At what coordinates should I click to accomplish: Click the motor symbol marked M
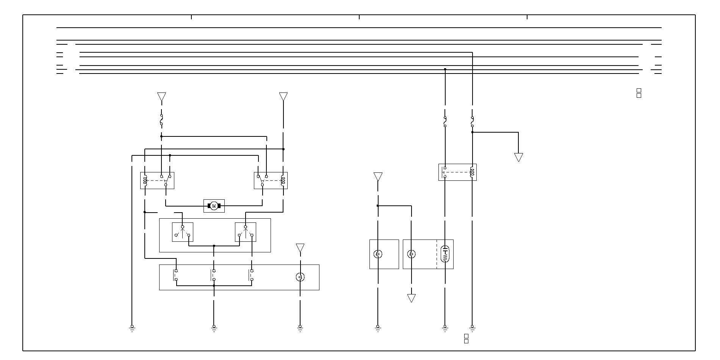[x=214, y=206]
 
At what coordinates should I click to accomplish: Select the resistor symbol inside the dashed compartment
[x=445, y=254]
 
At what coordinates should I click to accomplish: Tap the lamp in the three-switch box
[x=300, y=277]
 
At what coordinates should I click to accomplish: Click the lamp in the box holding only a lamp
[x=377, y=254]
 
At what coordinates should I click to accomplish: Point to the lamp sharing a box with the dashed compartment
[x=411, y=254]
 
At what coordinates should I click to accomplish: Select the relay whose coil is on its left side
[x=157, y=180]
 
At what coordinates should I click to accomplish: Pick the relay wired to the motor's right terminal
[x=270, y=180]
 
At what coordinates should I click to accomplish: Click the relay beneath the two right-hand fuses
[x=457, y=172]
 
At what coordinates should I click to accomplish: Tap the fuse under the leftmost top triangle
[x=161, y=120]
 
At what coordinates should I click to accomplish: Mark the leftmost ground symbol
[x=132, y=328]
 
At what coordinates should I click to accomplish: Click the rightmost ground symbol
[x=472, y=328]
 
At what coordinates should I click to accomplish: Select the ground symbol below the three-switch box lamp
[x=300, y=328]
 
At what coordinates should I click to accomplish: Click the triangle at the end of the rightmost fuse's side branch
[x=518, y=157]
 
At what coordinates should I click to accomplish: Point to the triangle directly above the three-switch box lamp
[x=300, y=248]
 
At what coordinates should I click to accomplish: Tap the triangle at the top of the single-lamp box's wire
[x=378, y=177]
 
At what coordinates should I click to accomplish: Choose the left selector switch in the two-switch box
[x=183, y=232]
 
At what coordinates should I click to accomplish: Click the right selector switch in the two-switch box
[x=245, y=232]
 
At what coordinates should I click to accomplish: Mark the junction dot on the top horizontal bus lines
[x=445, y=69]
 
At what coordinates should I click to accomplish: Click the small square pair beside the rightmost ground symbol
[x=466, y=338]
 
